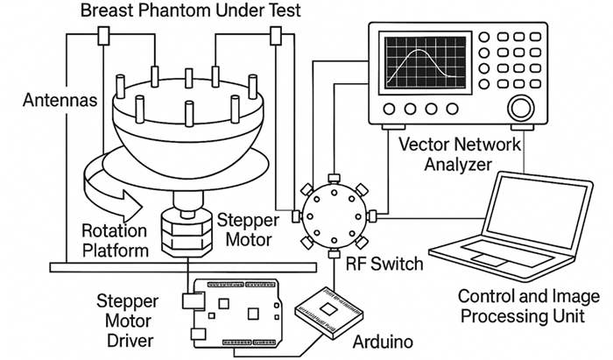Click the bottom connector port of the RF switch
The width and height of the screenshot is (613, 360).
334,254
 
